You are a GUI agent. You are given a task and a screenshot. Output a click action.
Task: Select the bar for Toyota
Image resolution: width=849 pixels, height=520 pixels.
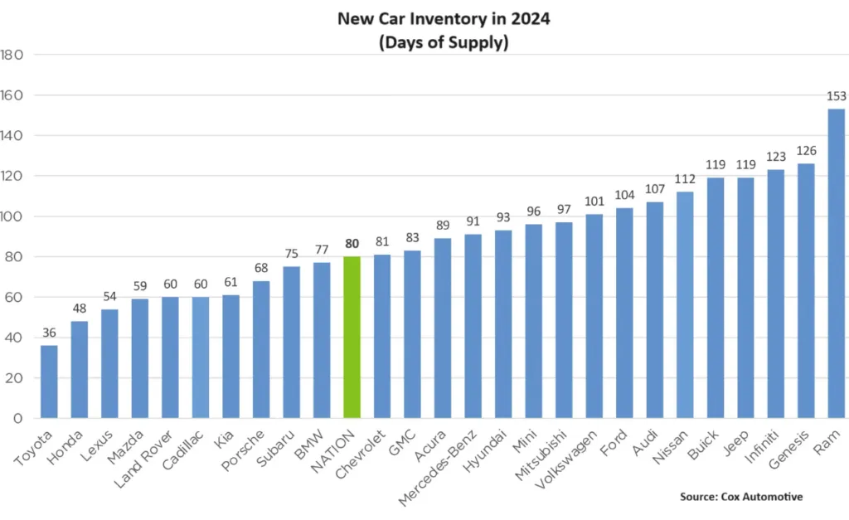coord(50,381)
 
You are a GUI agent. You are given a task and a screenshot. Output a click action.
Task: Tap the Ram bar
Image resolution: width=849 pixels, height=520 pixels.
coord(837,264)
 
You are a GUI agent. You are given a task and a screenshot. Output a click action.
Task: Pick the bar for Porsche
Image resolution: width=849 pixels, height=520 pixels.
coord(262,349)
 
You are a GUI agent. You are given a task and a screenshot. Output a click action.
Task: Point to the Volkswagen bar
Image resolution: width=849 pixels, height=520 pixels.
coord(594,316)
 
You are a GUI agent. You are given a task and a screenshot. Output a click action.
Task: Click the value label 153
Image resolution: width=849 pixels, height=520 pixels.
coord(837,97)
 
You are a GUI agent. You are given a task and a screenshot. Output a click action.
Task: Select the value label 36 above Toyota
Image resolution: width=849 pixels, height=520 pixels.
coord(50,333)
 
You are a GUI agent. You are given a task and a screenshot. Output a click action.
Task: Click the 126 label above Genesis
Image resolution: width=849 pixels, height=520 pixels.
coord(806,151)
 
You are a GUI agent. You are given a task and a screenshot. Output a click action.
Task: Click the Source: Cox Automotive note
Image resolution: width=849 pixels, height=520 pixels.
coord(740,496)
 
